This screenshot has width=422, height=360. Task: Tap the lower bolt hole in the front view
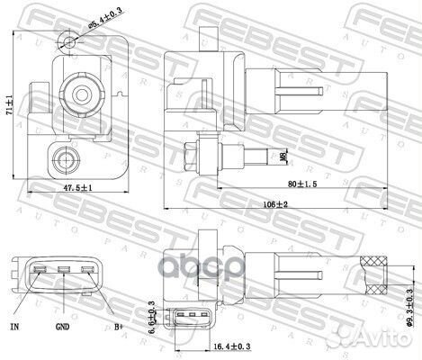click(x=64, y=161)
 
